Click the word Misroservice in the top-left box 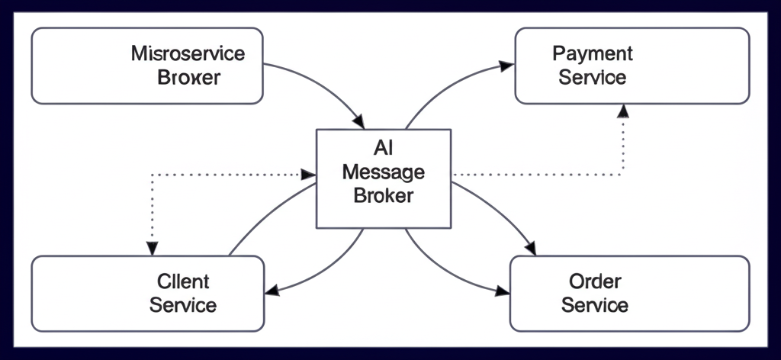tap(188, 54)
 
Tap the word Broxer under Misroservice tap(188, 77)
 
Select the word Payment tap(593, 54)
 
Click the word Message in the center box tap(383, 172)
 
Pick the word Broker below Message tap(383, 195)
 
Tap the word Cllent tap(183, 282)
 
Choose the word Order tap(595, 282)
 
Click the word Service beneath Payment tap(593, 77)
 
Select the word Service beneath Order tap(595, 305)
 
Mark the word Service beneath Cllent tap(183, 305)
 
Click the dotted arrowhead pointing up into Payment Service tap(623, 111)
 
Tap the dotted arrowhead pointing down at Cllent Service tap(153, 249)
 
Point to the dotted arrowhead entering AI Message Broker tap(310, 175)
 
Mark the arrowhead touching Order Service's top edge tap(531, 249)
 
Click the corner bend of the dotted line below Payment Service tap(623, 175)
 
